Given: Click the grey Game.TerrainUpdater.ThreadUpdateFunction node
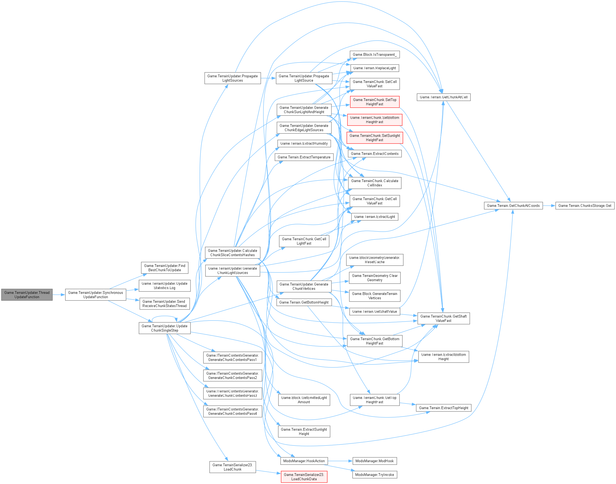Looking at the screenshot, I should (27, 295).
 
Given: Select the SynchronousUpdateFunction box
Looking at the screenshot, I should (96, 295).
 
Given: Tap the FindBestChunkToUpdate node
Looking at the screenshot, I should (165, 268).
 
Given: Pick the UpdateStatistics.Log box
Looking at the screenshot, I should (165, 286).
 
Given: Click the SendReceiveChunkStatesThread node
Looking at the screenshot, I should (165, 304).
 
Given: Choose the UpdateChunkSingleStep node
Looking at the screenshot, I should (165, 328).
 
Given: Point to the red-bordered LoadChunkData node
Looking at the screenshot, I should (304, 477).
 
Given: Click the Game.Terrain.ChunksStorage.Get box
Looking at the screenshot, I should (584, 206).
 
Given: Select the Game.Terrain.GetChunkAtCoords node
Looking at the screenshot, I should (513, 206).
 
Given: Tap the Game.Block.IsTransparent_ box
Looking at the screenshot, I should (375, 55).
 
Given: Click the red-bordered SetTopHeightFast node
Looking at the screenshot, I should (375, 102).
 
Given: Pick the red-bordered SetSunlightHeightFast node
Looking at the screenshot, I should (375, 138).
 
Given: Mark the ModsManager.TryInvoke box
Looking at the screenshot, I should (375, 475).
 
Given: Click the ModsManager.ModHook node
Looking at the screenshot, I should (375, 461).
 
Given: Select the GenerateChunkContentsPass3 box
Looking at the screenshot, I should (232, 393).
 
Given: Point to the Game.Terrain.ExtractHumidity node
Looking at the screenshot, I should (304, 143).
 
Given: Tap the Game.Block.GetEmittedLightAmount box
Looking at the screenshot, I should (304, 400).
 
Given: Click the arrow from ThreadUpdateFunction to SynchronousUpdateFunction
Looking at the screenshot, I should (59, 295).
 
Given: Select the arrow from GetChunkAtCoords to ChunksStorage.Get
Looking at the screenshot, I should (549, 206).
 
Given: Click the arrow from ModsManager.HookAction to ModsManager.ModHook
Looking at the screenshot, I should (340, 461).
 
